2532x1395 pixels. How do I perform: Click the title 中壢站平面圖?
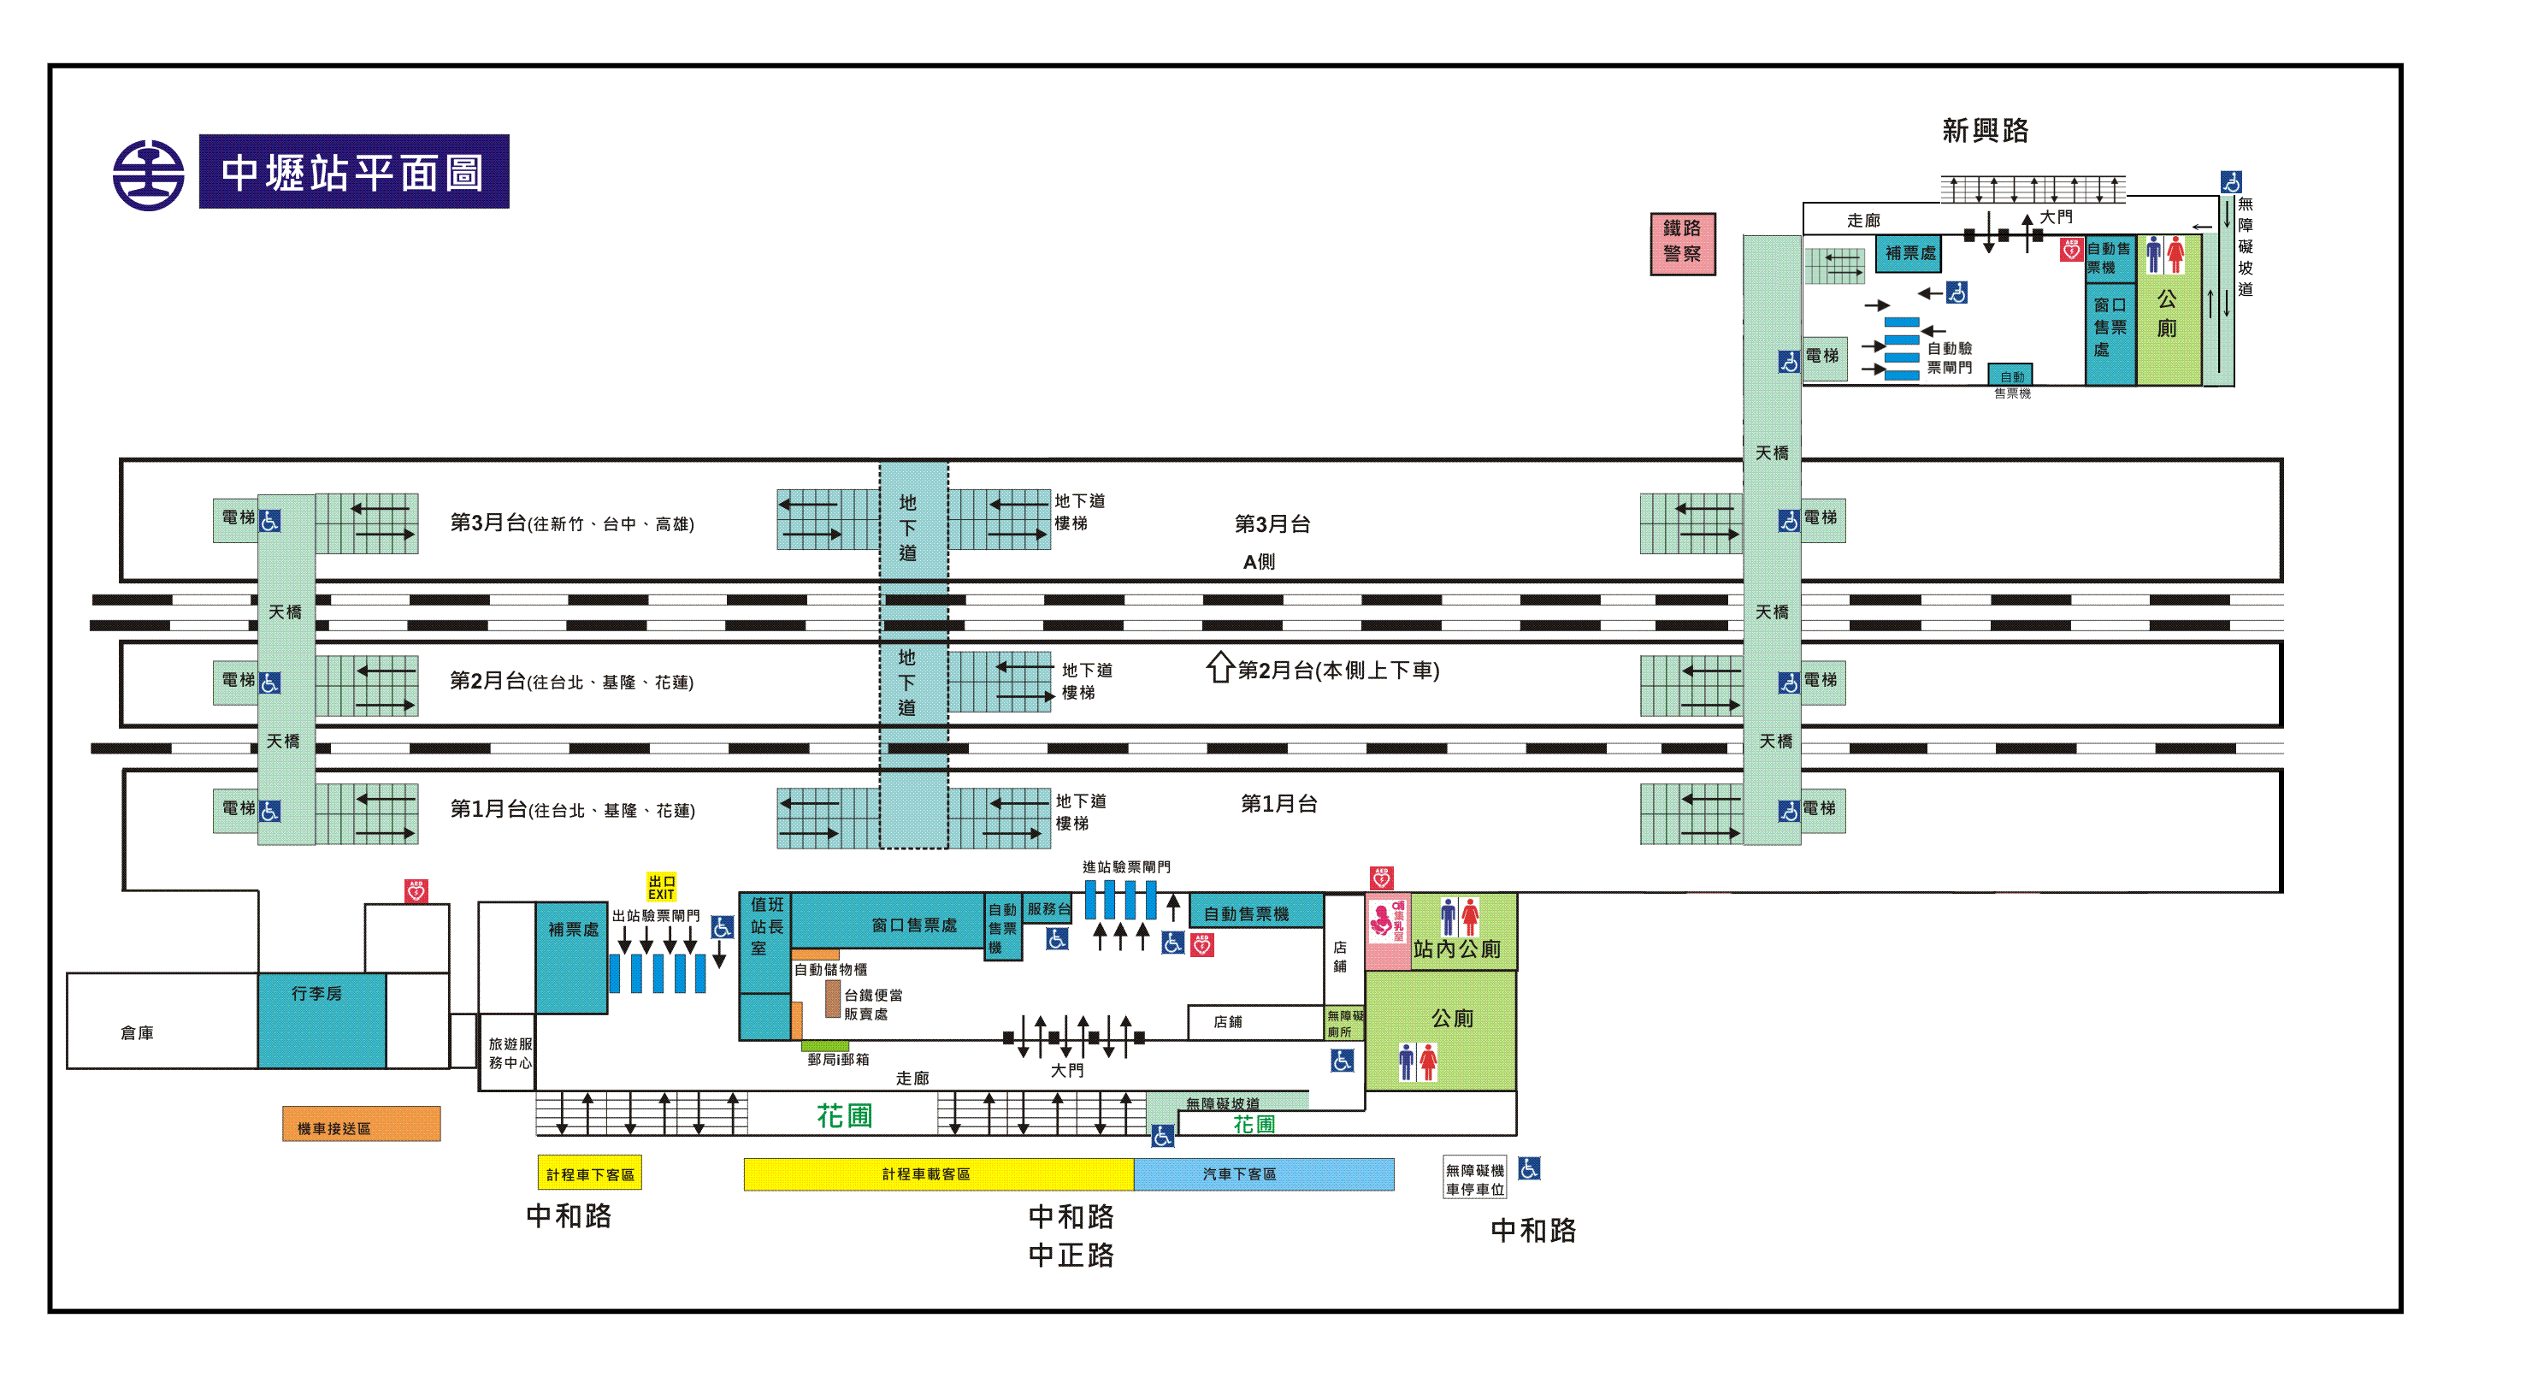click(x=354, y=172)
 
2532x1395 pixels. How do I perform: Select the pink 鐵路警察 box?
click(x=1682, y=243)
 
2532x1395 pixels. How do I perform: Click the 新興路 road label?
click(x=1985, y=131)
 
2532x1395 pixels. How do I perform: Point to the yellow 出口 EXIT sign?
click(x=660, y=887)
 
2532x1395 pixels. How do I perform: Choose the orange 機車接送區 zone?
click(x=361, y=1125)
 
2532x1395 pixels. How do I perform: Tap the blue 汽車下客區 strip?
click(x=1262, y=1173)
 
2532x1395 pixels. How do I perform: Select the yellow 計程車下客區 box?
click(x=590, y=1173)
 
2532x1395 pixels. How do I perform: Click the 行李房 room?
click(x=321, y=1020)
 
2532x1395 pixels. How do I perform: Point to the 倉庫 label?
click(x=137, y=1032)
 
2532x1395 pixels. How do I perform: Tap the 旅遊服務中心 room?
click(x=509, y=1053)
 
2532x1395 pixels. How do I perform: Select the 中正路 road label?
click(x=1071, y=1256)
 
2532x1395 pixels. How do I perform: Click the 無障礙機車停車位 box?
click(x=1474, y=1179)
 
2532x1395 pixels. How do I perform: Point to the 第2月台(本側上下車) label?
click(x=1337, y=671)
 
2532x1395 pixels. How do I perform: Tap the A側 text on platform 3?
click(x=1258, y=561)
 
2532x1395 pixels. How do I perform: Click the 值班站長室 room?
click(x=765, y=926)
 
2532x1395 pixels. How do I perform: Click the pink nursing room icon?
click(x=1387, y=920)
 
